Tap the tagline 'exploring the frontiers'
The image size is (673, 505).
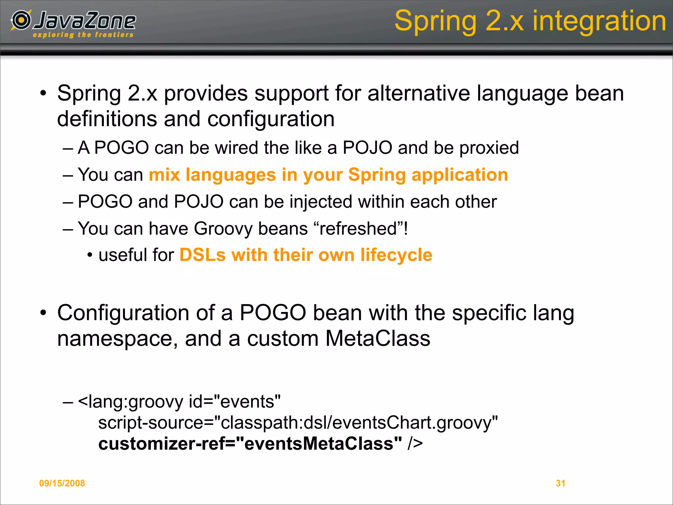pos(83,35)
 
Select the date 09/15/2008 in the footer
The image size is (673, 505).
pos(62,483)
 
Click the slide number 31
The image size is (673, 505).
pos(560,483)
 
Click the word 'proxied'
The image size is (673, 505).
pos(489,148)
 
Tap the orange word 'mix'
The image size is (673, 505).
pos(164,175)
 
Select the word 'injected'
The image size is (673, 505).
pos(320,202)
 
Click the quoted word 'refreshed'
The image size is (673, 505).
pos(358,228)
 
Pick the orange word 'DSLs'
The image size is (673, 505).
pos(202,255)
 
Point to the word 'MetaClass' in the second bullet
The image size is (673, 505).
pos(378,338)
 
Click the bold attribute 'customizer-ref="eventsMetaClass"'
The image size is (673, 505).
pos(250,444)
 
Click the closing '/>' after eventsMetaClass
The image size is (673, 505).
pos(415,444)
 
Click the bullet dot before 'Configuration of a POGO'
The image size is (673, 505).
pos(43,313)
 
